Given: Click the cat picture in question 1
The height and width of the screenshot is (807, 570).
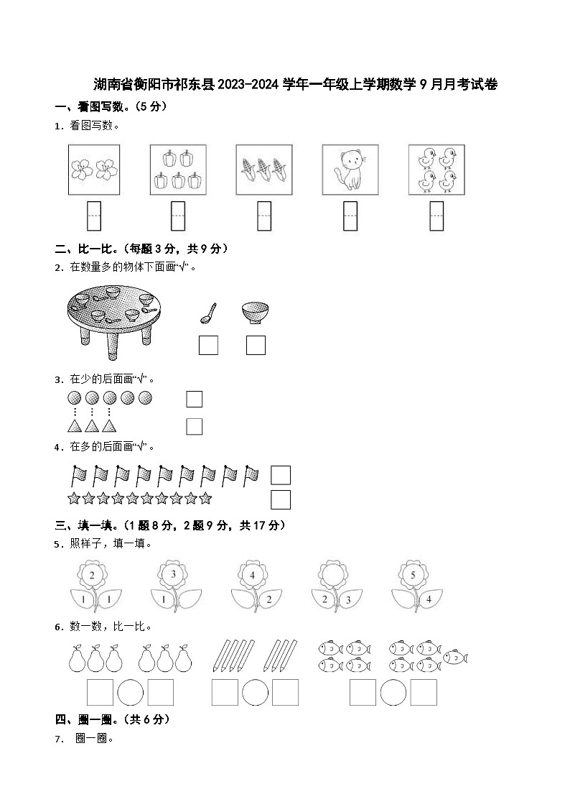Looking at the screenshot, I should tap(350, 170).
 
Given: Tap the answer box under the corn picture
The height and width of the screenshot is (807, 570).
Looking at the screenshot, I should tap(264, 216).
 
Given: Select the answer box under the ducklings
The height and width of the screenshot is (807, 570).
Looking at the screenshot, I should tap(436, 216).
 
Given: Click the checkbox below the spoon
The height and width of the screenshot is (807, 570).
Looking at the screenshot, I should tap(208, 345).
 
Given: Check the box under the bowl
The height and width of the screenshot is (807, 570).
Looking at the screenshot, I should tap(256, 345).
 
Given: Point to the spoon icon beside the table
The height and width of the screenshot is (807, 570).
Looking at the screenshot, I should tap(207, 313).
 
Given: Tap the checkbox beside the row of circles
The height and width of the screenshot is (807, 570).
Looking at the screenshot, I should tap(194, 399).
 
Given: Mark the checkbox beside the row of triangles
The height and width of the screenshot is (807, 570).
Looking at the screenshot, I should tap(194, 426).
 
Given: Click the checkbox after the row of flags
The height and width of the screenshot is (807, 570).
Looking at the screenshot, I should tap(281, 475).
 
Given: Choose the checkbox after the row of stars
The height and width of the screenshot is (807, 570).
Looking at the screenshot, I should tap(281, 499).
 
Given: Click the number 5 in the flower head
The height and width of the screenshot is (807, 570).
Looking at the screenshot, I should tap(412, 575).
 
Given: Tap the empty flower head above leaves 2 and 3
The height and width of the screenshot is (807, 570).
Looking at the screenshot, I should tap(332, 575).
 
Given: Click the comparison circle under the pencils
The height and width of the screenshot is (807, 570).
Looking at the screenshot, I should tap(255, 692).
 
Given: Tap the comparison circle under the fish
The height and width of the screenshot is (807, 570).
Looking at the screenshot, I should tap(393, 692).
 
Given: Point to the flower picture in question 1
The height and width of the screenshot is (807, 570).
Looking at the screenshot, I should tap(93, 170).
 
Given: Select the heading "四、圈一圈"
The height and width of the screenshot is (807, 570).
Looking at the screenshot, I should tap(83, 719).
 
